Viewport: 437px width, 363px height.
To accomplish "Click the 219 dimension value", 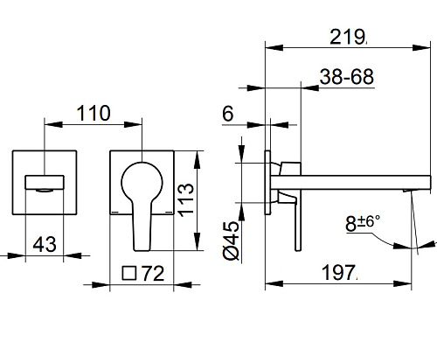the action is pyautogui.click(x=347, y=37).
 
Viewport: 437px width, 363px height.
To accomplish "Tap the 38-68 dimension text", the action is pyautogui.click(x=347, y=77).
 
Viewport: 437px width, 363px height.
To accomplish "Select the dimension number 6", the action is pyautogui.click(x=228, y=114).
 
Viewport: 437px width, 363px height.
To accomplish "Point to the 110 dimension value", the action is pyautogui.click(x=94, y=113).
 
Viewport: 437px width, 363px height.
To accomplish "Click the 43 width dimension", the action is pyautogui.click(x=45, y=244).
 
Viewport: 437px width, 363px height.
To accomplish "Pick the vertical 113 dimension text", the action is pyautogui.click(x=186, y=200).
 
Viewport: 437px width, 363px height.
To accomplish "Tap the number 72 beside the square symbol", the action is pyautogui.click(x=154, y=274).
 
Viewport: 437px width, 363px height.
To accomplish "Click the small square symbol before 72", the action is pyautogui.click(x=129, y=273).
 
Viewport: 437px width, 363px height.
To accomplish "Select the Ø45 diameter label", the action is pyautogui.click(x=231, y=241).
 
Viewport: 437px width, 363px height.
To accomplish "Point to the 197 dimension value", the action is pyautogui.click(x=339, y=272).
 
